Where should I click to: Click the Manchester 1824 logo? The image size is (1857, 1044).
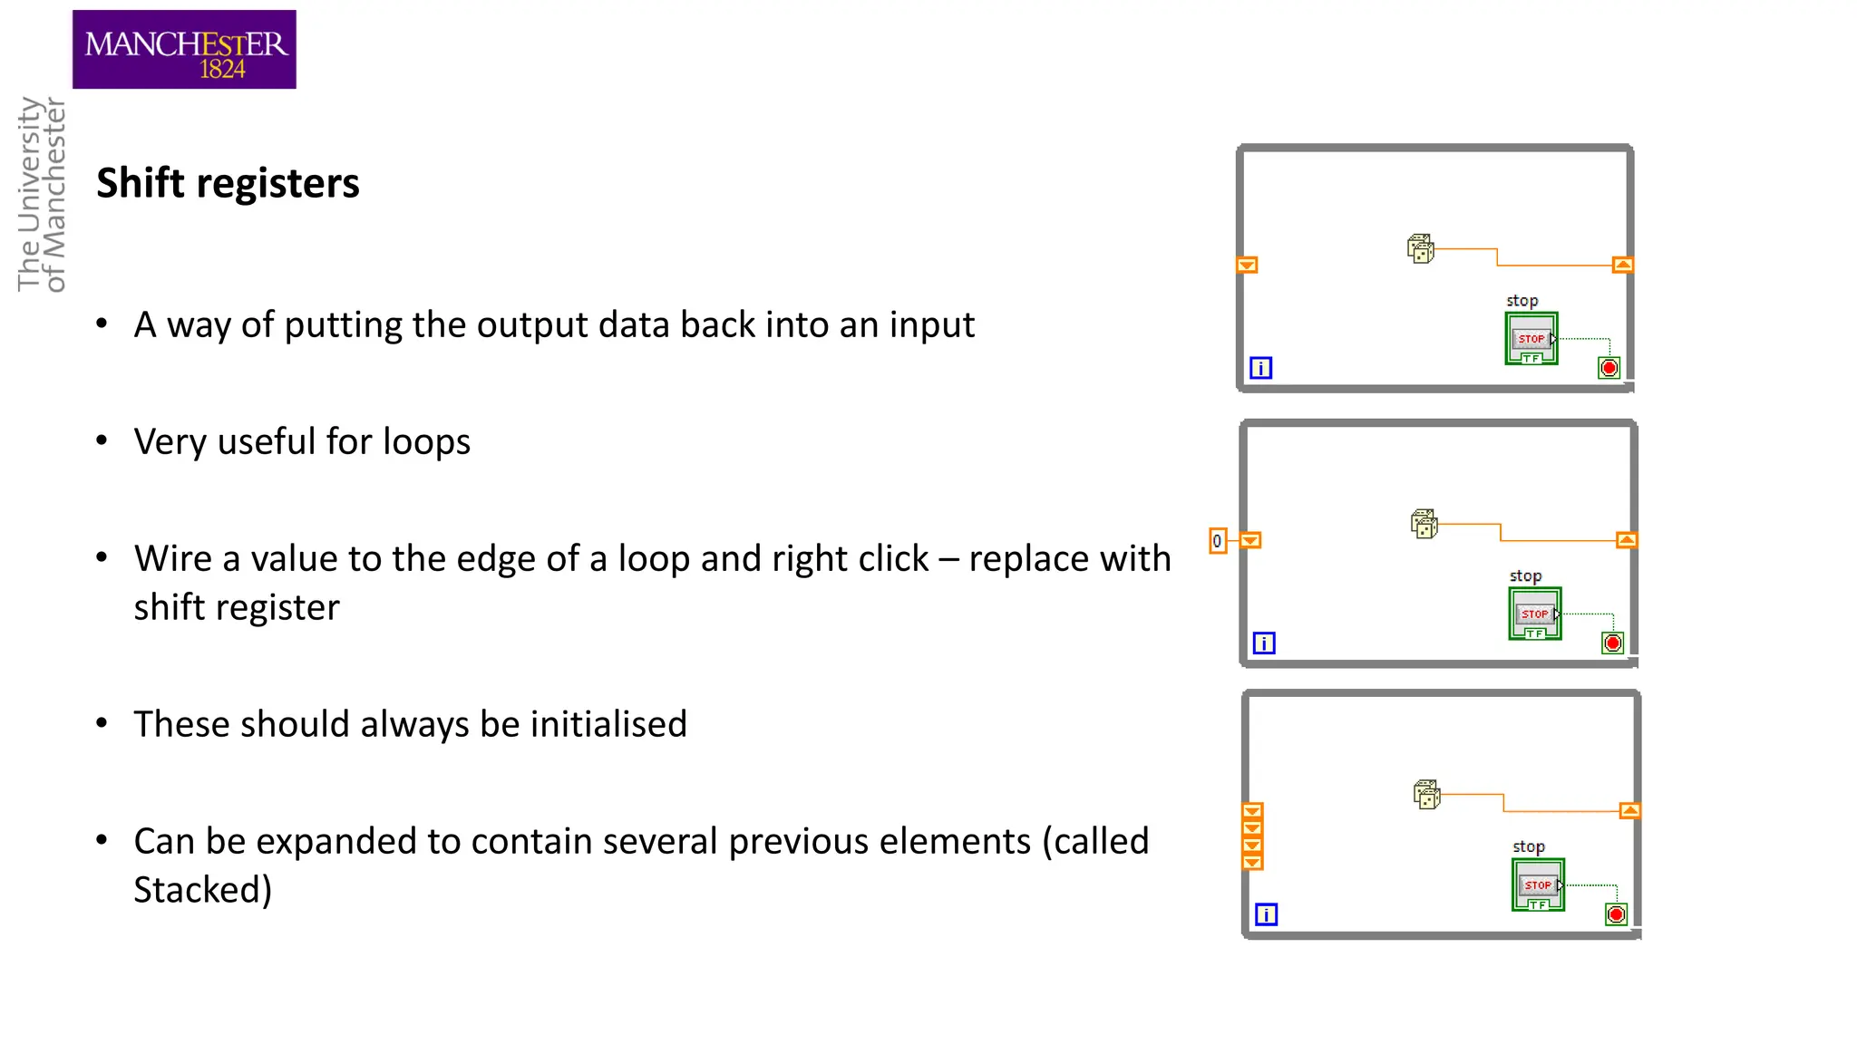coord(184,50)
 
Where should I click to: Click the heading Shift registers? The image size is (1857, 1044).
coord(228,183)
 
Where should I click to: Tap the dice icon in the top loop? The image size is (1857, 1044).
coord(1421,248)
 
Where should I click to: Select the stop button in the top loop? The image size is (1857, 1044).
coord(1531,339)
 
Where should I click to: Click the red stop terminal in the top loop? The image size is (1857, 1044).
coord(1609,368)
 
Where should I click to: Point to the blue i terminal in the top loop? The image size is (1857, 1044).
coord(1261,368)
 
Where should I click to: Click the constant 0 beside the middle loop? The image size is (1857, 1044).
coord(1218,541)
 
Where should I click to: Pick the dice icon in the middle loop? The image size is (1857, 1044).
coord(1424,524)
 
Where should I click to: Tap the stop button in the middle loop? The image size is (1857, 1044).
coord(1535,614)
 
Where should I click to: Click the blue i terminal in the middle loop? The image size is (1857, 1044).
coord(1264,643)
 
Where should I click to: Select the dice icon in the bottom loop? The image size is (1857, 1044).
coord(1427,795)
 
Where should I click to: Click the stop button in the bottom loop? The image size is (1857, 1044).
coord(1539,885)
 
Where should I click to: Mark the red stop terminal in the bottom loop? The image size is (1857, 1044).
coord(1616,914)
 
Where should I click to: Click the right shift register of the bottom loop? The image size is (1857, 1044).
coord(1629,811)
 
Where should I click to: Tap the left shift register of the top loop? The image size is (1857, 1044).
coord(1248,266)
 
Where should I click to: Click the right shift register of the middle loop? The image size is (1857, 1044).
coord(1627,540)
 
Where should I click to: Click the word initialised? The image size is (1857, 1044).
coord(608,724)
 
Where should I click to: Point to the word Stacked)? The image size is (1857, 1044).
coord(202,890)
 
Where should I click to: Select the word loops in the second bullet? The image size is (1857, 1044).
coord(426,442)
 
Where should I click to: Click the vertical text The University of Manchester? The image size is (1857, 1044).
coord(42,194)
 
